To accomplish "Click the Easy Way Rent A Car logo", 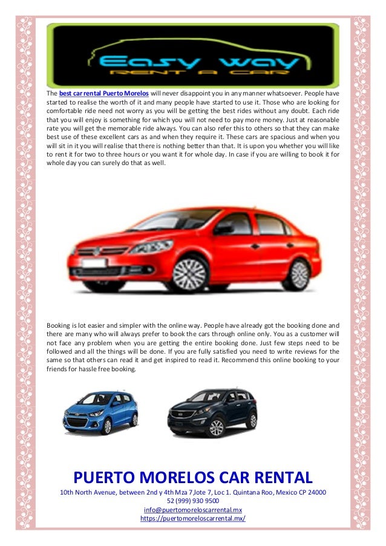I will tap(193, 56).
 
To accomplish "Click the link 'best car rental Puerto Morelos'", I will tap(104, 94).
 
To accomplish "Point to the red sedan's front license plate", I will tap(94, 263).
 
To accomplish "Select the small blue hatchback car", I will tap(100, 411).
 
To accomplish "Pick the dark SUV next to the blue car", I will tap(212, 412).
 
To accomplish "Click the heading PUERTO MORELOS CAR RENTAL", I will tap(193, 477).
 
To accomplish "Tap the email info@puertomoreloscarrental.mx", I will tap(193, 510).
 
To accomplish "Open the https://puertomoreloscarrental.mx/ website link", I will tap(193, 518).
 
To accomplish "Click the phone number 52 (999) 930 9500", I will tap(193, 501).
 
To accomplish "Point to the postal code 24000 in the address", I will tap(315, 493).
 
